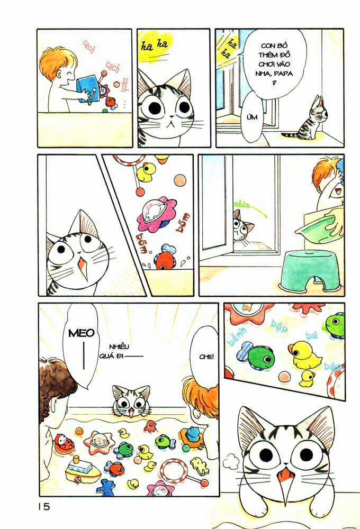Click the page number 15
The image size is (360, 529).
coord(43,506)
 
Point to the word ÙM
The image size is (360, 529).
coord(252,117)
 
